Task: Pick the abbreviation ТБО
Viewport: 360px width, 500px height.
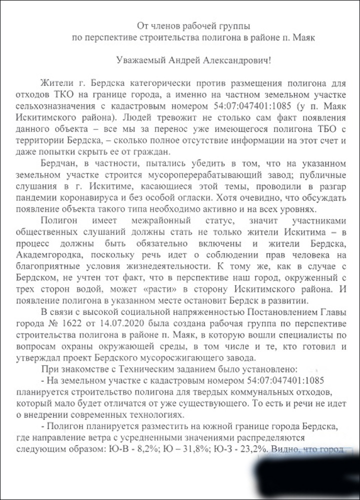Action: coord(284,128)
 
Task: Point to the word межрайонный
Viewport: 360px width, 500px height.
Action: coord(192,220)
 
